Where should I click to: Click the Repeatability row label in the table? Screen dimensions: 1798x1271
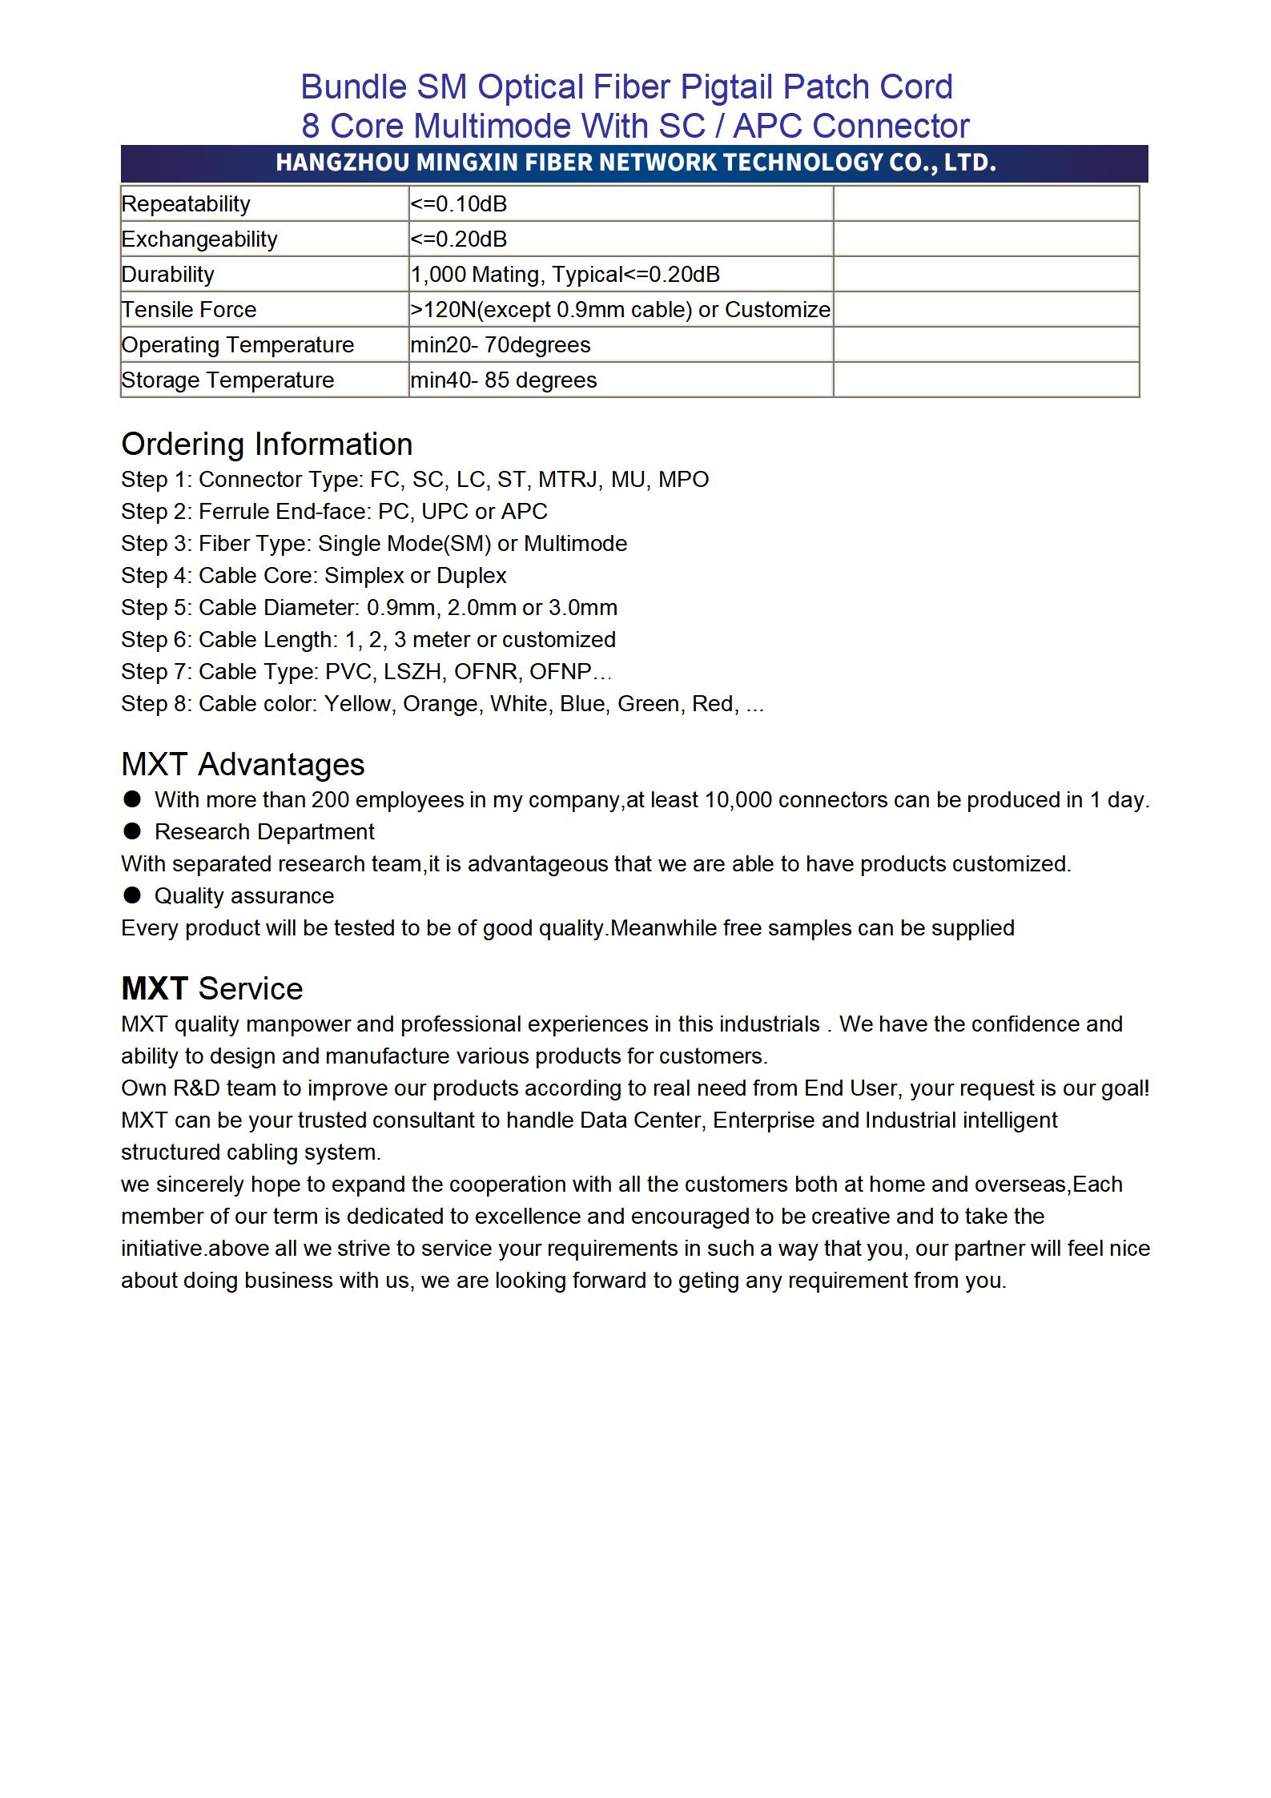coord(186,204)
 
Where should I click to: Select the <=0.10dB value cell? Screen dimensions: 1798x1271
coord(459,204)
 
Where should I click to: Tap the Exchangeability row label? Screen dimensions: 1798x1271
coord(199,239)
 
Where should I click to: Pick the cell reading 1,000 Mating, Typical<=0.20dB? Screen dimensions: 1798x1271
coord(565,275)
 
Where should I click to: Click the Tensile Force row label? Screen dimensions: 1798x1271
coord(189,310)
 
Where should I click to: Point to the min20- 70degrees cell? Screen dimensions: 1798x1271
coord(501,345)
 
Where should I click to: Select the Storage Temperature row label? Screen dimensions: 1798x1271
coord(227,380)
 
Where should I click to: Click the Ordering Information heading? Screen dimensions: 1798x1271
coord(267,444)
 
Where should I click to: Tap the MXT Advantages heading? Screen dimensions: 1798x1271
coord(243,765)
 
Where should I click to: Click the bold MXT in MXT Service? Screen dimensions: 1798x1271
coord(155,989)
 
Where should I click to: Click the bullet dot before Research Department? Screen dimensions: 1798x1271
coord(132,831)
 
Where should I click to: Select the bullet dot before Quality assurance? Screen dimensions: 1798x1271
coord(132,895)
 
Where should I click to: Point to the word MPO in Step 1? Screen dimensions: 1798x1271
coord(683,480)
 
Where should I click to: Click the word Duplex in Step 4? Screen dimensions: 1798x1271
coord(472,576)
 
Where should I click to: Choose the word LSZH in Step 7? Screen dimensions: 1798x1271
coord(412,672)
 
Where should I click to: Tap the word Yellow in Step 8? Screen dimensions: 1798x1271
coord(357,704)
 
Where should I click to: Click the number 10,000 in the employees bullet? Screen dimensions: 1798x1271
coord(737,800)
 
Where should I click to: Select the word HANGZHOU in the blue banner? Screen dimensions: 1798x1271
coord(343,163)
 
